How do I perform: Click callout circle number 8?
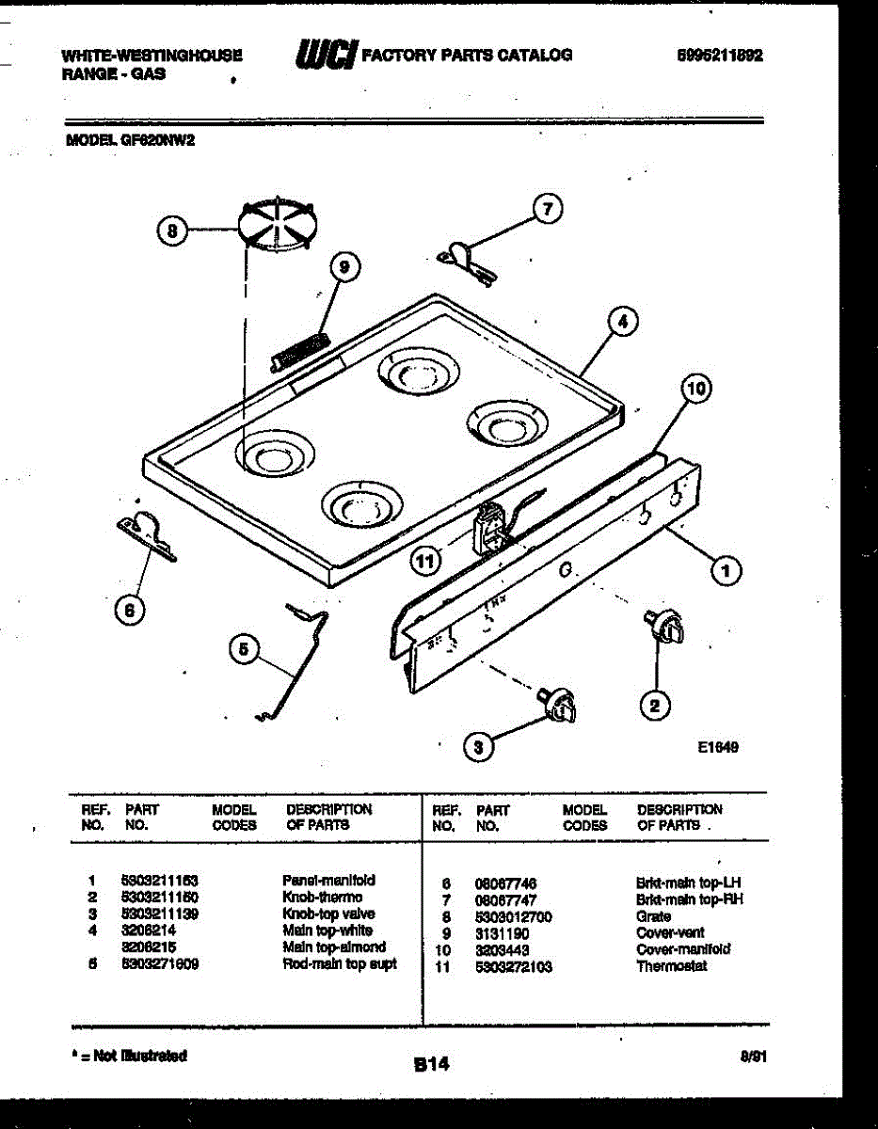[171, 229]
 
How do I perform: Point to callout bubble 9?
[344, 267]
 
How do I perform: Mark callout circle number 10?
[696, 388]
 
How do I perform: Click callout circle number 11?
[426, 562]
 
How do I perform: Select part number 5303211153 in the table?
[159, 881]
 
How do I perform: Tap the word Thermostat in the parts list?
[671, 966]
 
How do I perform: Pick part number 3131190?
[501, 933]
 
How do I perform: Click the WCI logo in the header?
[324, 56]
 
